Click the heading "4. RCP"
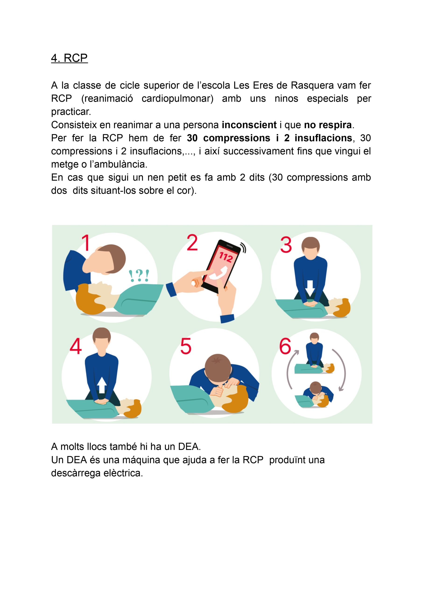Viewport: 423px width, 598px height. tap(69, 58)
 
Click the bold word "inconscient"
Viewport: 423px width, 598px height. tap(249, 125)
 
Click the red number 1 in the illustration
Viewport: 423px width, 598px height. tap(86, 243)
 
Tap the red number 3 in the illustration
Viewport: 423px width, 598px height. tap(286, 244)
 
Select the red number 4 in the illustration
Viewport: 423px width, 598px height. tap(76, 346)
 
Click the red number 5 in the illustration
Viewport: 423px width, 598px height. tap(186, 346)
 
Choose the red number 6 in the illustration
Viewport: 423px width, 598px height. tap(285, 346)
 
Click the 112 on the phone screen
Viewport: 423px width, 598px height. tap(226, 257)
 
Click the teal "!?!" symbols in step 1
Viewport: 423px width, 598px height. tap(139, 276)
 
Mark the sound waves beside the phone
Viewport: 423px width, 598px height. tap(243, 248)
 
